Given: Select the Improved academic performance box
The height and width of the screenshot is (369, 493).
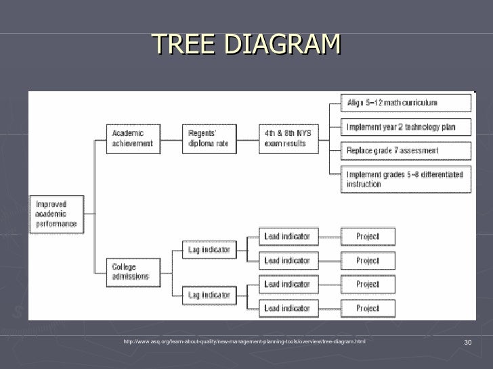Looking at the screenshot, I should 57,214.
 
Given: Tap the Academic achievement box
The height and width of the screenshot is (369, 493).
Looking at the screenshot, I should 133,139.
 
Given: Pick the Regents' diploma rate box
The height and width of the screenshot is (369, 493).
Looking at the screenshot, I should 209,139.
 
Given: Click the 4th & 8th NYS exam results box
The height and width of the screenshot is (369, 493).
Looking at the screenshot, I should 288,139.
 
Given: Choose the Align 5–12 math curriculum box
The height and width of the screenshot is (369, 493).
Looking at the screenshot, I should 406,103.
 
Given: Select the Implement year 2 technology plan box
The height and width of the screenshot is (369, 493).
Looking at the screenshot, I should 406,126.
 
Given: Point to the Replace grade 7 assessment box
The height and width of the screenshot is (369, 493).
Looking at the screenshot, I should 406,150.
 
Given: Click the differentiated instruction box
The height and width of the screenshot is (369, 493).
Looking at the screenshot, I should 406,179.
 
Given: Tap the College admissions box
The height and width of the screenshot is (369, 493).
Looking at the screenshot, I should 133,272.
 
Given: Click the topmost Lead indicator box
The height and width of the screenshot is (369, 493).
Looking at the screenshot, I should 287,237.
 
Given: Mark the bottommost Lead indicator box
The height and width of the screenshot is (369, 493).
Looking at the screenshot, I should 287,308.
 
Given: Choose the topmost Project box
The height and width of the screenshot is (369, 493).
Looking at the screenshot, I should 368,237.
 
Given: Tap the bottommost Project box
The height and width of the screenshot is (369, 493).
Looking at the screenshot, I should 368,308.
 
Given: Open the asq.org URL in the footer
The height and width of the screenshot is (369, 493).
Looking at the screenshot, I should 244,342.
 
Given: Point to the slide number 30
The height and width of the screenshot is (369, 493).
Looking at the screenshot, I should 467,343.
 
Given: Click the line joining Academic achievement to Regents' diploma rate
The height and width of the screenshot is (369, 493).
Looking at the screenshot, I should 171,139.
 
